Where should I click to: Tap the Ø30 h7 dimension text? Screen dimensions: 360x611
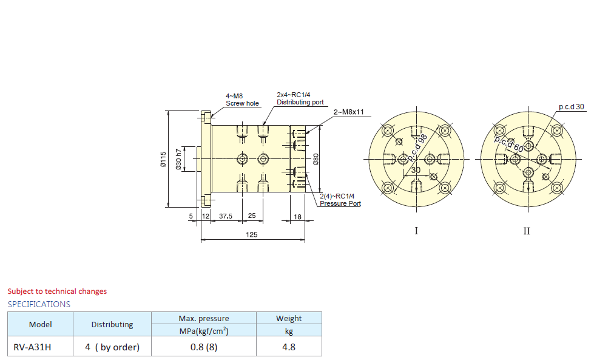pos(178,159)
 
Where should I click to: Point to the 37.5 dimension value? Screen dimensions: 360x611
pos(226,216)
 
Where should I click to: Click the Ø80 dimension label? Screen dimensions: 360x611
pos(316,159)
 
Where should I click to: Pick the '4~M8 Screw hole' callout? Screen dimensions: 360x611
pos(242,100)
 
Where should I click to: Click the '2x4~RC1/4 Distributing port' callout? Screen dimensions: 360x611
pos(300,98)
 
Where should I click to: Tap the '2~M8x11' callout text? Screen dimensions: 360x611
pos(348,112)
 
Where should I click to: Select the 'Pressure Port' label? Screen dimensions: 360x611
pos(340,203)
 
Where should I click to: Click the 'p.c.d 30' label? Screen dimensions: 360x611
pos(572,106)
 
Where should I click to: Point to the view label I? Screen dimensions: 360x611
pos(416,231)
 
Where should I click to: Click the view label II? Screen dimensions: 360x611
pos(527,231)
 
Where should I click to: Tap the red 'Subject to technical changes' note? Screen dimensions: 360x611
pos(57,291)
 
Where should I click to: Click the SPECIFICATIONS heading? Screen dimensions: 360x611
pos(39,304)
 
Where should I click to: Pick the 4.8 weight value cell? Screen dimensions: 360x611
pos(289,347)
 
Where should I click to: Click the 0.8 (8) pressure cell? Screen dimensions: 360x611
pos(203,347)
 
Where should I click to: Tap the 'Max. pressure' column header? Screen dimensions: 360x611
pos(204,318)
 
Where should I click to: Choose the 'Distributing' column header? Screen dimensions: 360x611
pos(112,324)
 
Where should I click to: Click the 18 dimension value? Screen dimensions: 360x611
pos(297,216)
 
